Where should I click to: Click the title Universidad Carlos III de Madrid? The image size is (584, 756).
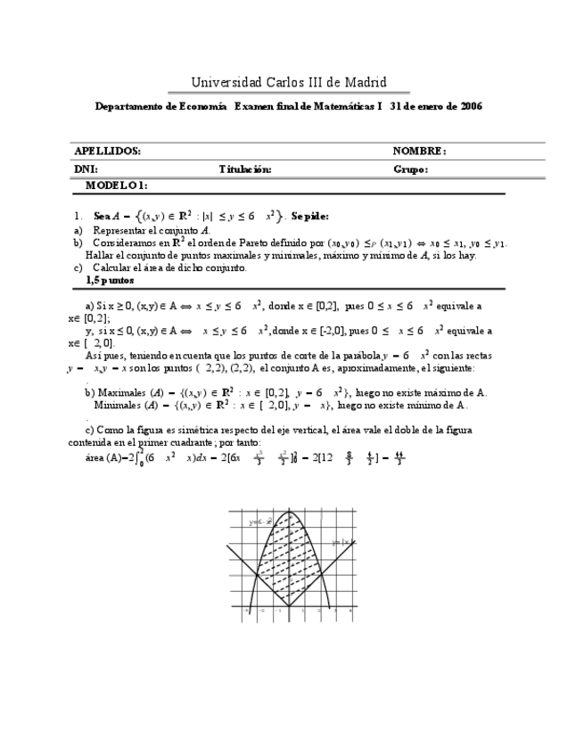pos(288,83)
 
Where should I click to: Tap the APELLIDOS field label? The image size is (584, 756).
pos(106,152)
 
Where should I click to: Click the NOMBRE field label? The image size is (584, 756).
pos(419,152)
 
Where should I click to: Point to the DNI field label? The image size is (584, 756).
pos(86,168)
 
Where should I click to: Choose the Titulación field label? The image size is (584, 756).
pos(245,168)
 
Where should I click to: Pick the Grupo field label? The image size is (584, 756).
pos(410,168)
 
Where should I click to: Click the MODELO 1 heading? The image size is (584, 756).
pos(116,185)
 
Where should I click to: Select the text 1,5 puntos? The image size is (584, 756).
pos(110,279)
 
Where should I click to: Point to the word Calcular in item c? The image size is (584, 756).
pos(113,267)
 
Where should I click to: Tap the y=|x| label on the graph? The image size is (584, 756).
pos(340,541)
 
